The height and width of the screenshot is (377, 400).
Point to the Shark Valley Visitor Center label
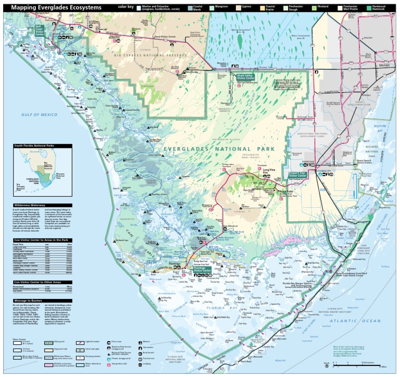coord(245,76)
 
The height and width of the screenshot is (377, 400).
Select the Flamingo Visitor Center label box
coord(202,270)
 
